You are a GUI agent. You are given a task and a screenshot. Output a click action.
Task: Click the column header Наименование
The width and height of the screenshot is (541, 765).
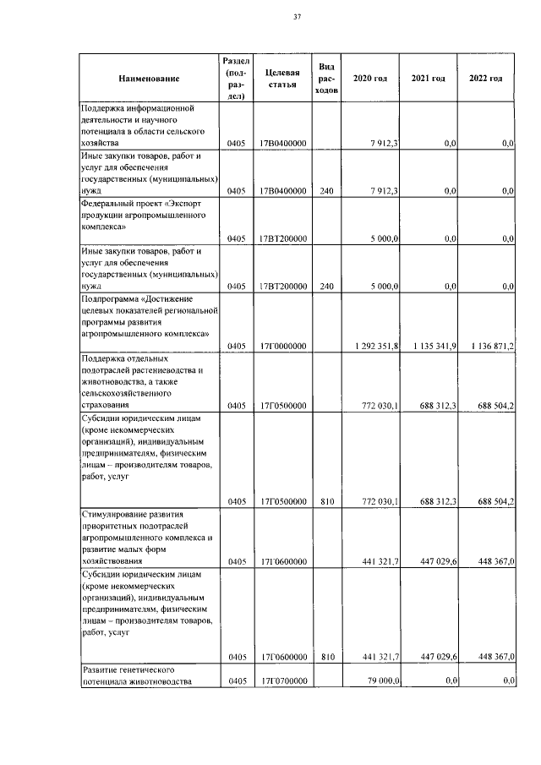pos(150,79)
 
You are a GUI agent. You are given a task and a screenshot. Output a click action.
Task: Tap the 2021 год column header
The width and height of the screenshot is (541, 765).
pos(428,79)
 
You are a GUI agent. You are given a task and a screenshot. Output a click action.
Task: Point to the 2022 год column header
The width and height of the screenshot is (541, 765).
pos(485,79)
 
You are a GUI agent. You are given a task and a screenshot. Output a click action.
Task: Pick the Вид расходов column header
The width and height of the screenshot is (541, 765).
pos(326,78)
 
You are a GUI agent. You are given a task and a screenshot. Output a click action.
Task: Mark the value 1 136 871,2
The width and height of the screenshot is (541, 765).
pos(489,346)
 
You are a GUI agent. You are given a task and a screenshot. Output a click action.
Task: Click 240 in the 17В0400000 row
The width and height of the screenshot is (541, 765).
pos(326,192)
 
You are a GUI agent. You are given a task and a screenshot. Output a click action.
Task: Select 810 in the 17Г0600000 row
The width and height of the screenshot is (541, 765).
pos(326,656)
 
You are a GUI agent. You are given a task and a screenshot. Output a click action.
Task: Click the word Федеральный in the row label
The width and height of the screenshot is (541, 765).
pos(108,205)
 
